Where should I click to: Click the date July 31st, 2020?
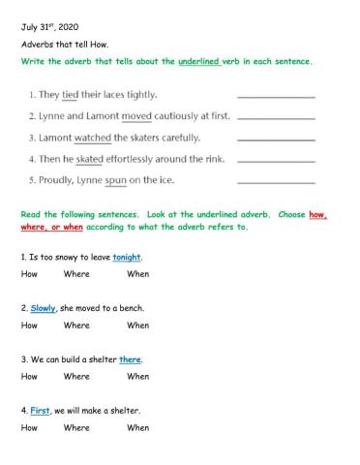[x=49, y=28]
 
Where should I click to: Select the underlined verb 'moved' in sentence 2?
[x=136, y=115]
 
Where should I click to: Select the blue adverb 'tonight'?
[x=127, y=257]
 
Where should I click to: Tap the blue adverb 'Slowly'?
[x=43, y=308]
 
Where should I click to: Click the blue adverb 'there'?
[x=130, y=359]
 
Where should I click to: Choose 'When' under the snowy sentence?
[x=137, y=274]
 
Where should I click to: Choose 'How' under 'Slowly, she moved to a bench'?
[x=29, y=325]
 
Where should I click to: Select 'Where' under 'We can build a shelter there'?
[x=75, y=376]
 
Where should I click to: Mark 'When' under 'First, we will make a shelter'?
[x=137, y=427]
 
